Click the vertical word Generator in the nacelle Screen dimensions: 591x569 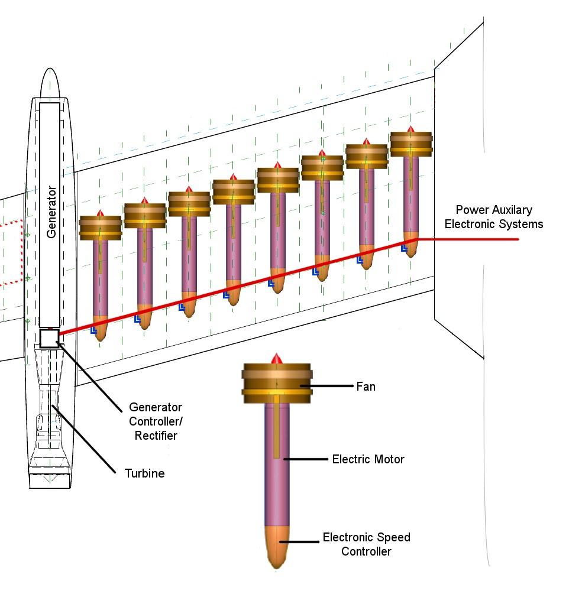51,212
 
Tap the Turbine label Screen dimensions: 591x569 144,473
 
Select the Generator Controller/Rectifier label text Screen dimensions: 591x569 156,421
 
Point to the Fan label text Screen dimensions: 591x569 366,387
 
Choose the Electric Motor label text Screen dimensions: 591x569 368,459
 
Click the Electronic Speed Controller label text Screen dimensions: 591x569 366,544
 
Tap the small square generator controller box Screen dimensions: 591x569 49,338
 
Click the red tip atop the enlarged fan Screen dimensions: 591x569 276,359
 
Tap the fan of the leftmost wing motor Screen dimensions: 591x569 101,228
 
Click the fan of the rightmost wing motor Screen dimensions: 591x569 411,144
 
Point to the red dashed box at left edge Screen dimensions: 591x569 11,253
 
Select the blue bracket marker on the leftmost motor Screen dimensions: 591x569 93,331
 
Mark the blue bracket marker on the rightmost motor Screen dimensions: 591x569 405,249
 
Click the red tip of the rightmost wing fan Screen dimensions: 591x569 411,129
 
